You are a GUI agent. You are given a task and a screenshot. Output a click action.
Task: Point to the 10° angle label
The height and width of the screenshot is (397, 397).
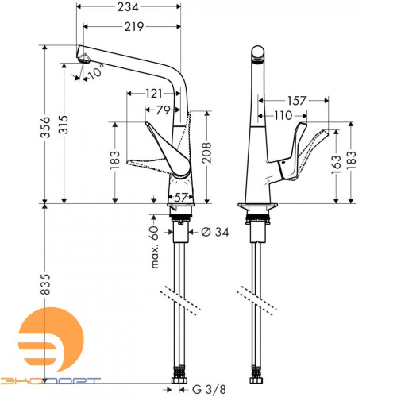pyautogui.click(x=96, y=74)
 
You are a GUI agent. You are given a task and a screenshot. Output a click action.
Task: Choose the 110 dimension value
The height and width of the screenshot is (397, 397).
pyautogui.click(x=282, y=116)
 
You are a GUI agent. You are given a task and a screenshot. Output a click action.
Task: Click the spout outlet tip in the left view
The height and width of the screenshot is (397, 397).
pyautogui.click(x=83, y=57)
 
